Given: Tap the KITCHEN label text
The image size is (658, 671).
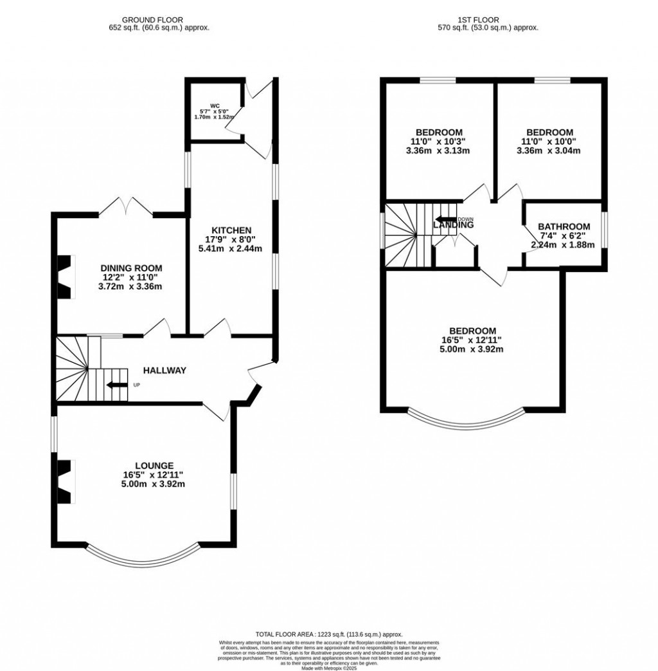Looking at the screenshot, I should tap(233, 230).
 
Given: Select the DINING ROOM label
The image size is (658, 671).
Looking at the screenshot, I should tap(131, 268).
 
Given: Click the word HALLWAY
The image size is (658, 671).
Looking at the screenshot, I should tap(164, 371).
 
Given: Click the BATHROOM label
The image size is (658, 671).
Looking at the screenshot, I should tap(564, 226).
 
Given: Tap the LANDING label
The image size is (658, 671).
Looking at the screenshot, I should tap(454, 225).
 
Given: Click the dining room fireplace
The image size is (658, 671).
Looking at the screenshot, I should tap(66, 277).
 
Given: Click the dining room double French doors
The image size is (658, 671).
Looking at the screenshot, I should tap(127, 207).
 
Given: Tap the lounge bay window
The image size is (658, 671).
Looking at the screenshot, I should tap(142, 554).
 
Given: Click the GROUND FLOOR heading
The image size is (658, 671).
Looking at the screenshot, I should tap(159, 20).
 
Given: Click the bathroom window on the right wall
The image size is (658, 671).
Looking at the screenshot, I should tap(604, 227).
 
